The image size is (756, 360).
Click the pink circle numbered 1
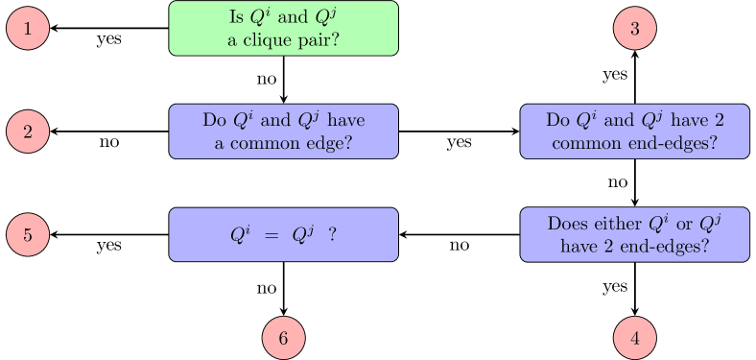pos(28,29)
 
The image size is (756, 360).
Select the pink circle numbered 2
pos(28,132)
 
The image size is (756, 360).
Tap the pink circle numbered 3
pos(634,29)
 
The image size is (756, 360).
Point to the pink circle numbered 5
pos(28,234)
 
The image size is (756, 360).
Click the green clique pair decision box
pos(283,29)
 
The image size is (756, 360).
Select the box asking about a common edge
pos(283,132)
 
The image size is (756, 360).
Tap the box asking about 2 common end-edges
pos(634,132)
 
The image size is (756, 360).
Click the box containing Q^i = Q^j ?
pos(283,234)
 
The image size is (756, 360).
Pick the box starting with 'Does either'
pos(634,234)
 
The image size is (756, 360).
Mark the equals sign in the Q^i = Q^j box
pos(271,234)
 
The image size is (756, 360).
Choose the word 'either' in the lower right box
pos(614,224)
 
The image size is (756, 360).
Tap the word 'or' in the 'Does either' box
pos(685,224)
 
